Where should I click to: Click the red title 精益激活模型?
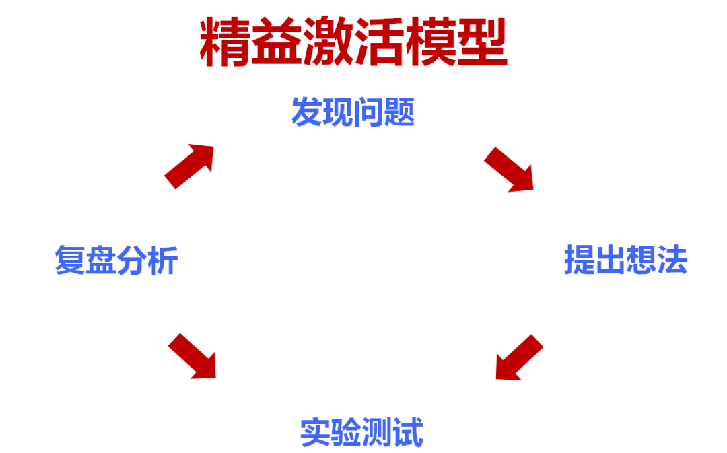(353, 42)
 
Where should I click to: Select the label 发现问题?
(353, 112)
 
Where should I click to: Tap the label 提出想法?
(625, 260)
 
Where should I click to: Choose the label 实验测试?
(361, 432)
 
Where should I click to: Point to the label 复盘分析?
(116, 260)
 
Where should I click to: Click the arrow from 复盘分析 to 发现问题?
(190, 165)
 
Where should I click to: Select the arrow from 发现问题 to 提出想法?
(509, 169)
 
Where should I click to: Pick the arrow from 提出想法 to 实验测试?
(518, 357)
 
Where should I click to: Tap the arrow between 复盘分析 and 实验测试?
(193, 355)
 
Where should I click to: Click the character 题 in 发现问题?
(399, 112)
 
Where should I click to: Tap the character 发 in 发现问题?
(306, 112)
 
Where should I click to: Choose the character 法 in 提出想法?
(672, 260)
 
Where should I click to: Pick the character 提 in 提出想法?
(580, 260)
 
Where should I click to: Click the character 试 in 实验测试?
(408, 432)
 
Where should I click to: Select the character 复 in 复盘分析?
(70, 260)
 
